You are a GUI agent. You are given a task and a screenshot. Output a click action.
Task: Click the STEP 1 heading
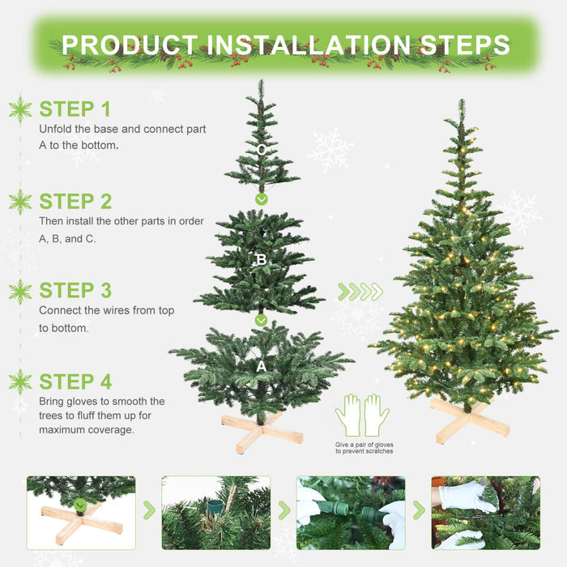[75, 109]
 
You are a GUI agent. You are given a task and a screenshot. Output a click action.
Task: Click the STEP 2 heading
[75, 201]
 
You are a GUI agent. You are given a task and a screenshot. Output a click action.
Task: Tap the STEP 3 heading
[75, 290]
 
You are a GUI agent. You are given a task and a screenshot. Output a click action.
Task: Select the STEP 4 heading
[75, 382]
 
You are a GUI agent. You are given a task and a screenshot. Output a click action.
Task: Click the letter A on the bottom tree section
[261, 366]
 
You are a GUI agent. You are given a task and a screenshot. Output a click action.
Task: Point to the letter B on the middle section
[261, 260]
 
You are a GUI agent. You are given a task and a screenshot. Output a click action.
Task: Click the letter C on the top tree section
[261, 150]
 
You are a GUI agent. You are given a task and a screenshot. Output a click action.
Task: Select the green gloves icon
[363, 415]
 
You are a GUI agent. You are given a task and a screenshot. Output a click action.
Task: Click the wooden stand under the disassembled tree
[261, 432]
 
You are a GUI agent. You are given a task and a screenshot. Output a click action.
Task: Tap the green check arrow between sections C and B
[261, 198]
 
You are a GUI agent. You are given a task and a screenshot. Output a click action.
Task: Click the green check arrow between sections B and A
[261, 320]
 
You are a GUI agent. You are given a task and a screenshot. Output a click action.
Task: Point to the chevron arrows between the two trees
[360, 292]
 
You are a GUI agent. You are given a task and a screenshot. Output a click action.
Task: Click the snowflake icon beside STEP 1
[19, 109]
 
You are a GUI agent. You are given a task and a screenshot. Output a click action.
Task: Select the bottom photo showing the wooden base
[81, 513]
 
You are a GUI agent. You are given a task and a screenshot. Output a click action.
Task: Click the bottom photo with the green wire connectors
[351, 513]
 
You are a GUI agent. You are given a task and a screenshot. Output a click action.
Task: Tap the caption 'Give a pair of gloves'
[364, 445]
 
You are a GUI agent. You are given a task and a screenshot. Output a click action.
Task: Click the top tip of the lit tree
[462, 104]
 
